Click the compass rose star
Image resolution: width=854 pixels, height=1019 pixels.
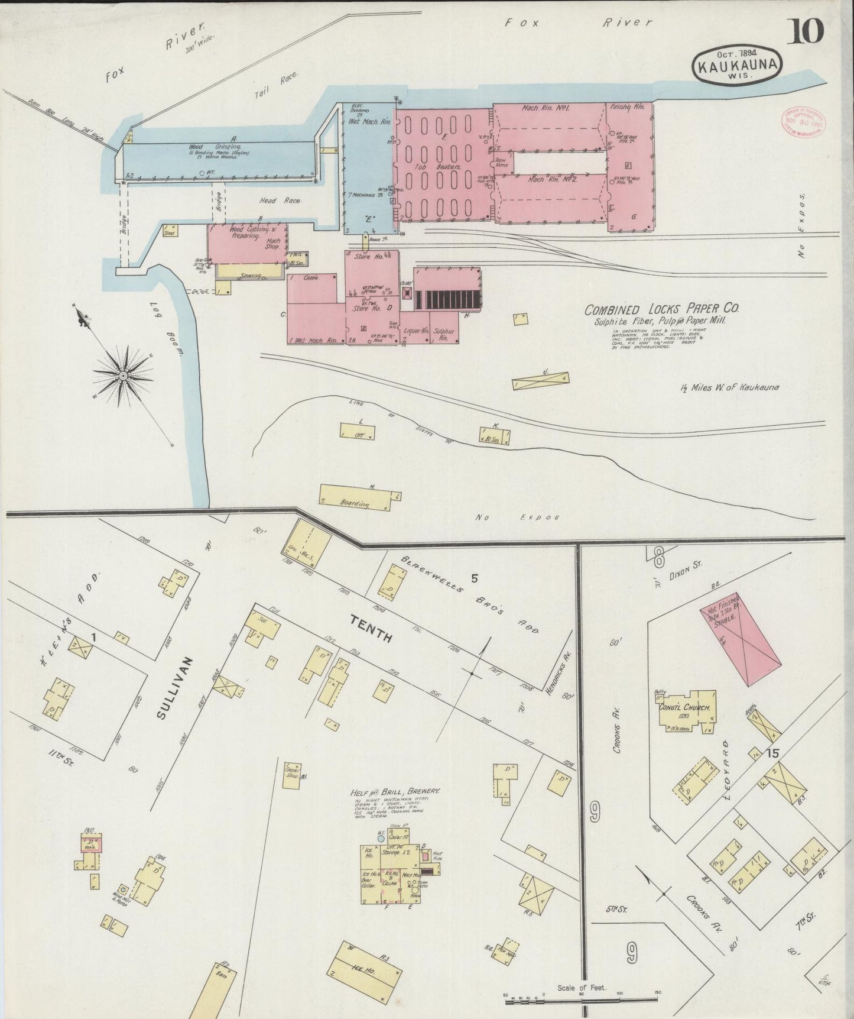(123, 376)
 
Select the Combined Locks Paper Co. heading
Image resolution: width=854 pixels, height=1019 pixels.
(661, 309)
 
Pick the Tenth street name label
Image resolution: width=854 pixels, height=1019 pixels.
(372, 629)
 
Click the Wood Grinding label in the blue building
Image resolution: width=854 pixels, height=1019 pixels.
(204, 147)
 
